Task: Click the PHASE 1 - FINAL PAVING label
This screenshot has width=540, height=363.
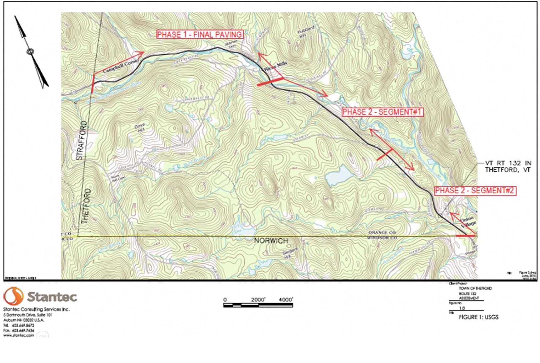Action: click(x=199, y=35)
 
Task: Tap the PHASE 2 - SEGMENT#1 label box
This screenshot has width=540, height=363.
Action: click(x=382, y=112)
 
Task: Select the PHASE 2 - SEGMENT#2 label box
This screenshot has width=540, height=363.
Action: click(x=475, y=191)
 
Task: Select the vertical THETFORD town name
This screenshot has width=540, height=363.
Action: click(x=87, y=206)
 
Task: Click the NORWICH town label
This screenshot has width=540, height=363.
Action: click(x=271, y=241)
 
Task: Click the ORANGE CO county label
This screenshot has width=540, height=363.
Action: click(x=382, y=233)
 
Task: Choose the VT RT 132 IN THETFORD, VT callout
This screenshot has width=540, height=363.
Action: click(x=508, y=166)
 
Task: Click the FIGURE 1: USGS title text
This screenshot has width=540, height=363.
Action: click(x=478, y=317)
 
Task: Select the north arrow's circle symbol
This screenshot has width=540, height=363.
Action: click(x=30, y=51)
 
